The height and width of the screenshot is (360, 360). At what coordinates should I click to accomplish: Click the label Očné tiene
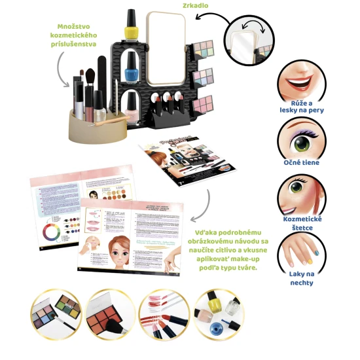coord(302,162)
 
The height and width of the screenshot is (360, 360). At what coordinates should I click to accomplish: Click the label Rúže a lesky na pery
coord(302,107)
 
